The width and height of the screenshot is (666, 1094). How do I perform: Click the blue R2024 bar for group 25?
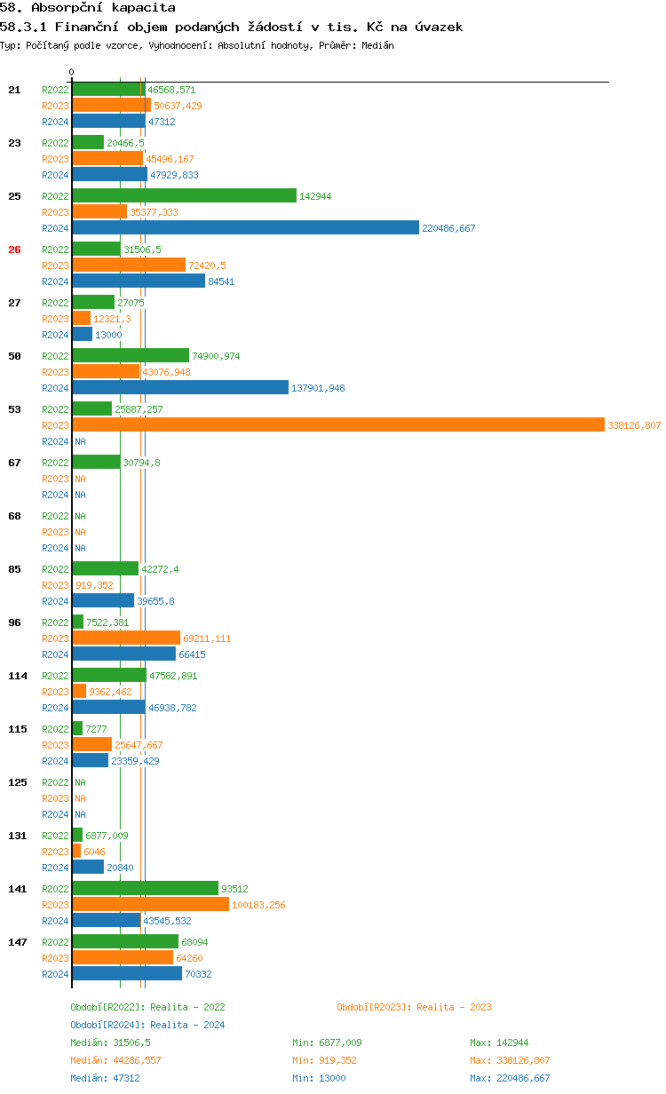245,228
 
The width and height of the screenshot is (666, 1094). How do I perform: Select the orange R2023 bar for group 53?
337,425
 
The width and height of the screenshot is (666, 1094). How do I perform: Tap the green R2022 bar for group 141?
145,889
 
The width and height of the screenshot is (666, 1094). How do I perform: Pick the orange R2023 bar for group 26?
129,266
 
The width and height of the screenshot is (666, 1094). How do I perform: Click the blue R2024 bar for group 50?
180,388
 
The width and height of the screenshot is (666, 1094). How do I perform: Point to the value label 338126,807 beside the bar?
634,425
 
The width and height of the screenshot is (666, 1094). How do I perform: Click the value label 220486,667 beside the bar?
448,228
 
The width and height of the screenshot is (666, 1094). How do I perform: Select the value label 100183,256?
258,905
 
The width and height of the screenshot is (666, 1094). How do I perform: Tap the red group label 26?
14,250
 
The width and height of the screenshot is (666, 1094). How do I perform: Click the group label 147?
18,942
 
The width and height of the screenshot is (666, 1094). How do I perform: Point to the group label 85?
14,569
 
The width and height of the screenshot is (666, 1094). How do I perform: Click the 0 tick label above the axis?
72,72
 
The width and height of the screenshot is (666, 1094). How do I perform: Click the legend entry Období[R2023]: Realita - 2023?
414,1007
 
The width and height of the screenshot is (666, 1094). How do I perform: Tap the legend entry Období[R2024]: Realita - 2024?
147,1025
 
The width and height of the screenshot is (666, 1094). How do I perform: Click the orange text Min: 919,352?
327,1060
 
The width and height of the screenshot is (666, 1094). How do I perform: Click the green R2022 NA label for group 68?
80,516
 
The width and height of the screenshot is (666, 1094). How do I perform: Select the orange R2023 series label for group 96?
55,638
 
